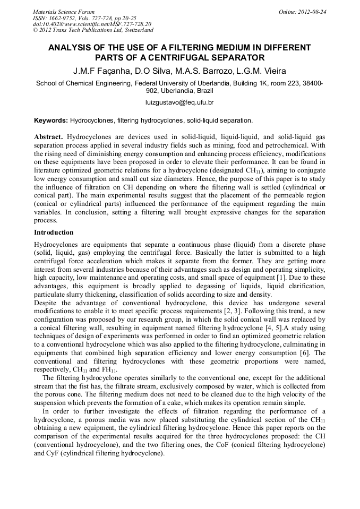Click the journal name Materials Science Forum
coord(64,12)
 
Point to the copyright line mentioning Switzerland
coord(93,30)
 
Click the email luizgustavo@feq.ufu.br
coord(179,102)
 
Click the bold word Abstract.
coord(48,137)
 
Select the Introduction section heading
coord(54,232)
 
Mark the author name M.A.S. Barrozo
coord(198,71)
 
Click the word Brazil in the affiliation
coord(205,90)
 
